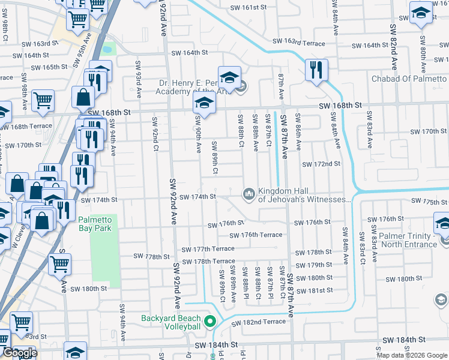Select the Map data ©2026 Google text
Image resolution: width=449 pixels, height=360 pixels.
pyautogui.click(x=411, y=355)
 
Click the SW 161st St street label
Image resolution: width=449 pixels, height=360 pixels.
pyautogui.click(x=248, y=8)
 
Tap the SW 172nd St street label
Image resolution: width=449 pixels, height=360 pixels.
pyautogui.click(x=321, y=164)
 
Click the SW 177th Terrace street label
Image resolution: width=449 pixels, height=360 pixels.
pyautogui.click(x=206, y=248)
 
